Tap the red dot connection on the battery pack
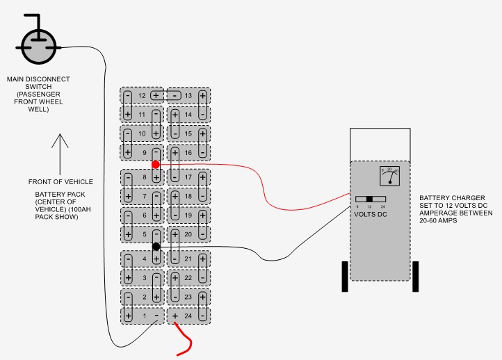pyautogui.click(x=156, y=164)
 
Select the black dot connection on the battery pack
pyautogui.click(x=156, y=247)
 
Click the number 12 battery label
pyautogui.click(x=142, y=95)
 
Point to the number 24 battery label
pyautogui.click(x=188, y=316)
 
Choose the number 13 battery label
pyautogui.click(x=188, y=95)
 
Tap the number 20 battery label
pyautogui.click(x=188, y=234)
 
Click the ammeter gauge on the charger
pyautogui.click(x=390, y=177)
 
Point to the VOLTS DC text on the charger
pyautogui.click(x=371, y=213)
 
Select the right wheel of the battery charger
pyautogui.click(x=416, y=276)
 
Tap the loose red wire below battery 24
pyautogui.click(x=186, y=342)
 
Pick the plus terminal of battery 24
pyautogui.click(x=175, y=316)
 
